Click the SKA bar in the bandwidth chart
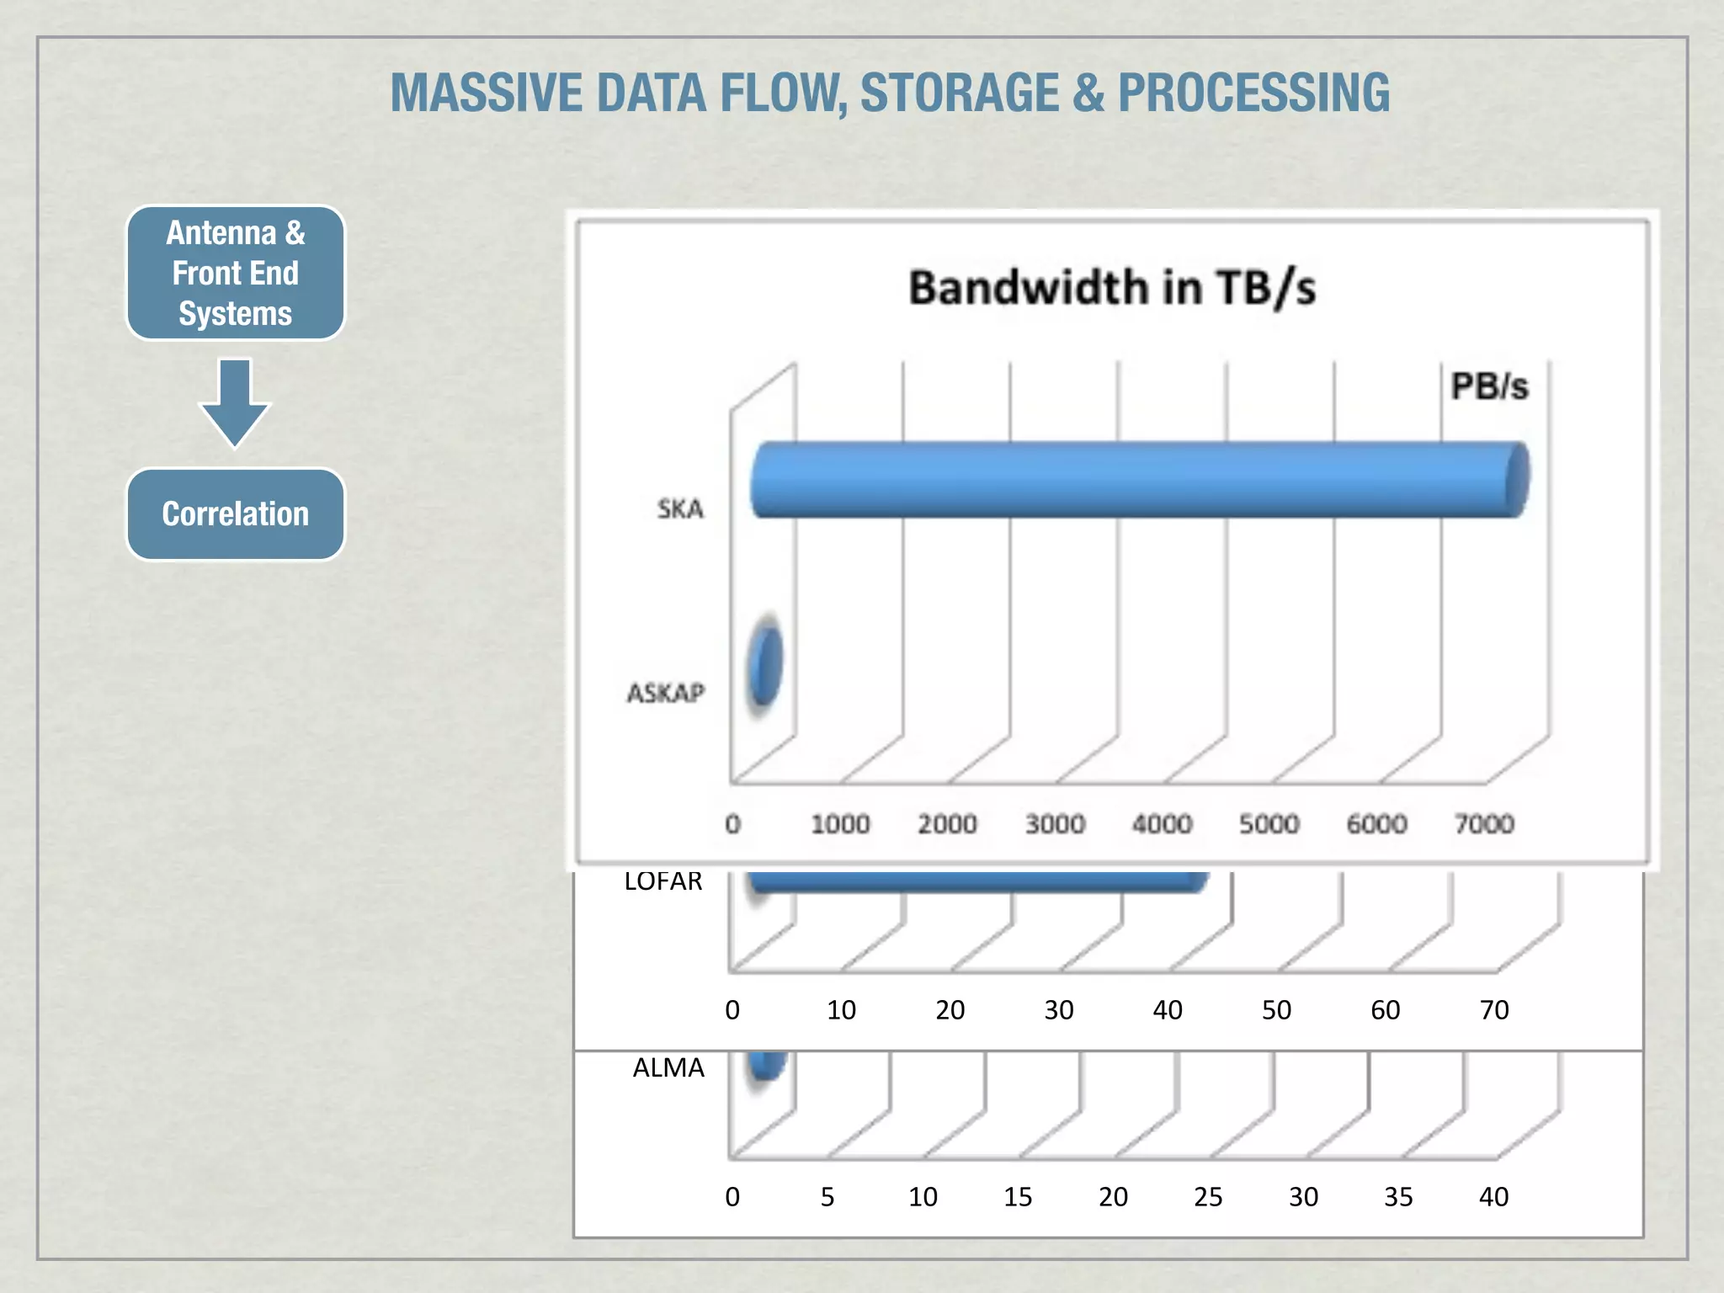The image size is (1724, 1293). point(1136,479)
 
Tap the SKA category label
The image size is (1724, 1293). point(680,508)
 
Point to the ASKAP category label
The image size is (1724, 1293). point(665,693)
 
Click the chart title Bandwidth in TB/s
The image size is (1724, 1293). point(1111,288)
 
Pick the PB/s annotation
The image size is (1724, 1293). point(1488,386)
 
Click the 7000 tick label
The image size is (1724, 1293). point(1484,823)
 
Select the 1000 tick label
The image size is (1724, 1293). point(840,823)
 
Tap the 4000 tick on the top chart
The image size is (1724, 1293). point(1162,823)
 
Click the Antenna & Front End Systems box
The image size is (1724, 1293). point(236,273)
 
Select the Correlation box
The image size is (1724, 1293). point(236,513)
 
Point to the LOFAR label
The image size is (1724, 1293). point(663,881)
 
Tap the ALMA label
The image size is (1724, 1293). point(668,1067)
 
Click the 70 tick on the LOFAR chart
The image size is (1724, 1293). point(1494,1009)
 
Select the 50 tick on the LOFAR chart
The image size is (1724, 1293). point(1276,1009)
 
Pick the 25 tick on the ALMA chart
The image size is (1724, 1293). point(1208,1196)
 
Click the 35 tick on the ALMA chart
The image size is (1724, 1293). point(1398,1196)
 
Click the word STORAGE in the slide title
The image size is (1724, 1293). point(959,93)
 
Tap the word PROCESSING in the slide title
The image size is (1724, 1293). point(1253,93)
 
